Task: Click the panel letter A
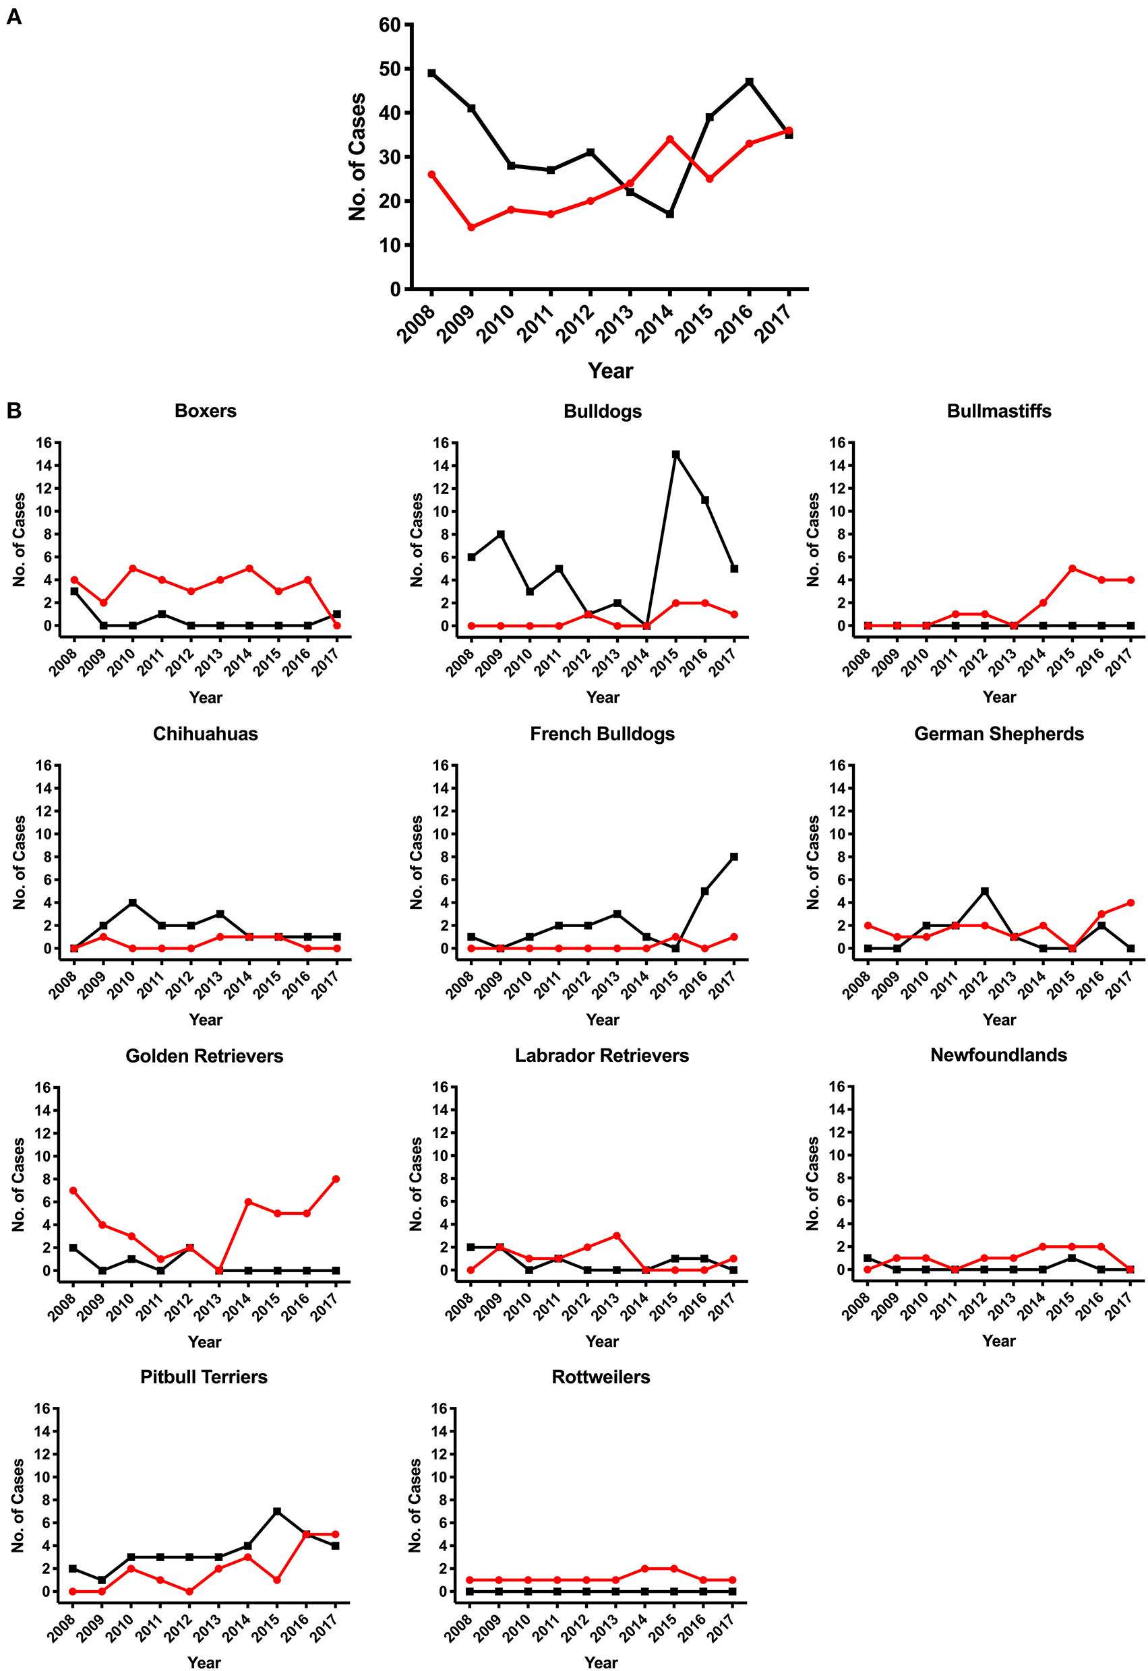pyautogui.click(x=13, y=17)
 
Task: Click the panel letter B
pyautogui.click(x=13, y=410)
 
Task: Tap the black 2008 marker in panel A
pyautogui.click(x=431, y=73)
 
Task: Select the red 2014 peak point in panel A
pyautogui.click(x=669, y=139)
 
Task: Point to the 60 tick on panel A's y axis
pyautogui.click(x=389, y=25)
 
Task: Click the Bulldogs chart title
pyautogui.click(x=602, y=411)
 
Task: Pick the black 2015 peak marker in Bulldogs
pyautogui.click(x=675, y=454)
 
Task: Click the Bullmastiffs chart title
pyautogui.click(x=998, y=411)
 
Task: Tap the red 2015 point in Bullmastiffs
pyautogui.click(x=1072, y=568)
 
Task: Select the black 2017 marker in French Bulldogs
pyautogui.click(x=733, y=857)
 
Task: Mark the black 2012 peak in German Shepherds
pyautogui.click(x=985, y=891)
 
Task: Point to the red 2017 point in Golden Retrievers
pyautogui.click(x=336, y=1179)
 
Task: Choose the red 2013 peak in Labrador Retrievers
pyautogui.click(x=616, y=1235)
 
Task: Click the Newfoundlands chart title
pyautogui.click(x=998, y=1054)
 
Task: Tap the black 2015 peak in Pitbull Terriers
pyautogui.click(x=277, y=1511)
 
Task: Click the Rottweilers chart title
pyautogui.click(x=601, y=1376)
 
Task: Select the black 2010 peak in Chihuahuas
pyautogui.click(x=132, y=902)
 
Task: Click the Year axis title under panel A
pyautogui.click(x=610, y=371)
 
